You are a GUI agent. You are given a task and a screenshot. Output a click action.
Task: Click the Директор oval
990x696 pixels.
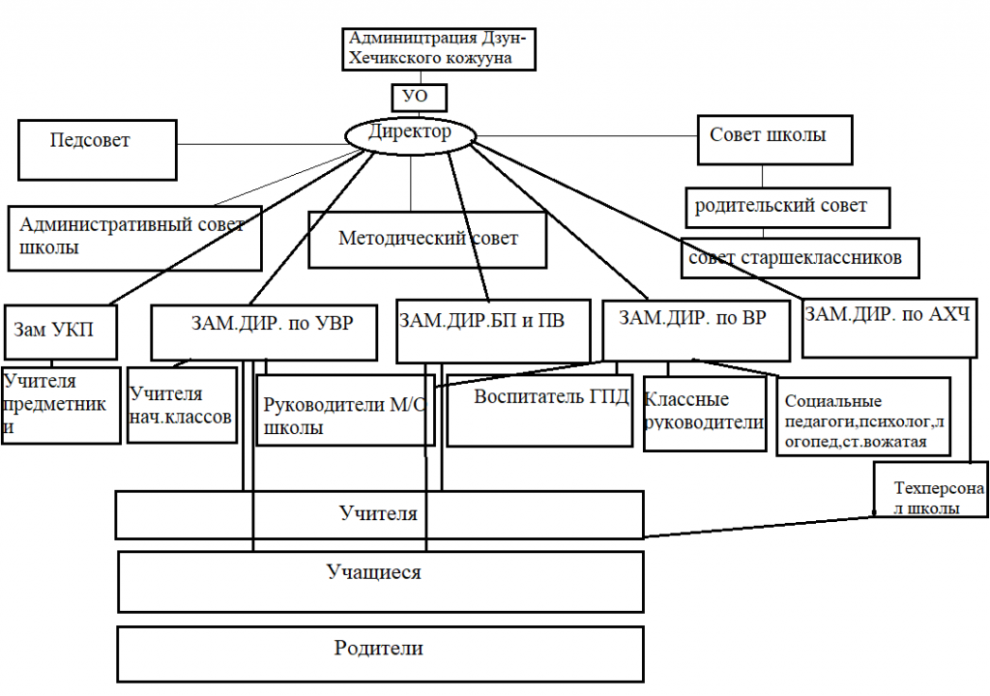point(410,134)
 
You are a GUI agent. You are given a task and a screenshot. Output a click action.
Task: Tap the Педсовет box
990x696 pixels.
point(97,149)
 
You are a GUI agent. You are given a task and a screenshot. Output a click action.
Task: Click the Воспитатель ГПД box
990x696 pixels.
point(539,410)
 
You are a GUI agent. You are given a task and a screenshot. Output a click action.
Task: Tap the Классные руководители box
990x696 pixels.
point(704,414)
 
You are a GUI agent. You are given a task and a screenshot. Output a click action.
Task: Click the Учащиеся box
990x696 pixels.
point(381,581)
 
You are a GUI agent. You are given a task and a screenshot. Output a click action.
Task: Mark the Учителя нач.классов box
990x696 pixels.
point(182,404)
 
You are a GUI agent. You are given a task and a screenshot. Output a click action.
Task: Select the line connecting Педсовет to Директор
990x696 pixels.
point(261,145)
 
